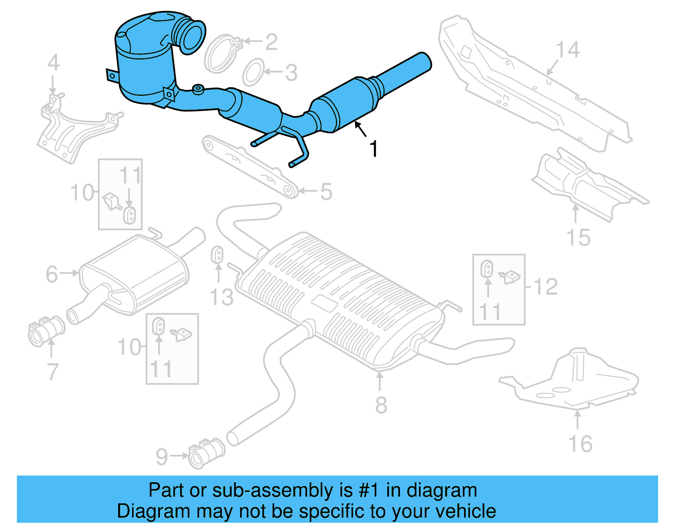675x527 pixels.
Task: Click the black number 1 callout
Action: [374, 149]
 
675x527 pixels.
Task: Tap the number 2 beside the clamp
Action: [271, 42]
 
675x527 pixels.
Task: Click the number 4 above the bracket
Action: [53, 63]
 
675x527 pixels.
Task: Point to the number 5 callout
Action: [326, 192]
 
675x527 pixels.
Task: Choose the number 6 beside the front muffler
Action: [51, 274]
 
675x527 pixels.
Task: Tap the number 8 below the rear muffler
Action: [381, 405]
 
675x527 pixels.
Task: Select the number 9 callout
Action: [162, 457]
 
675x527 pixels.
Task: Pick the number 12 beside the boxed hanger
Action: [546, 287]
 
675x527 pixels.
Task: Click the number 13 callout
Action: [221, 297]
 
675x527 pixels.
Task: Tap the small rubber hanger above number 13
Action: [217, 254]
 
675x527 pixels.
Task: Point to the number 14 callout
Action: [568, 50]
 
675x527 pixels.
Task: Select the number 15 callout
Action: [578, 238]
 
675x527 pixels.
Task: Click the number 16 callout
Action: [580, 444]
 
